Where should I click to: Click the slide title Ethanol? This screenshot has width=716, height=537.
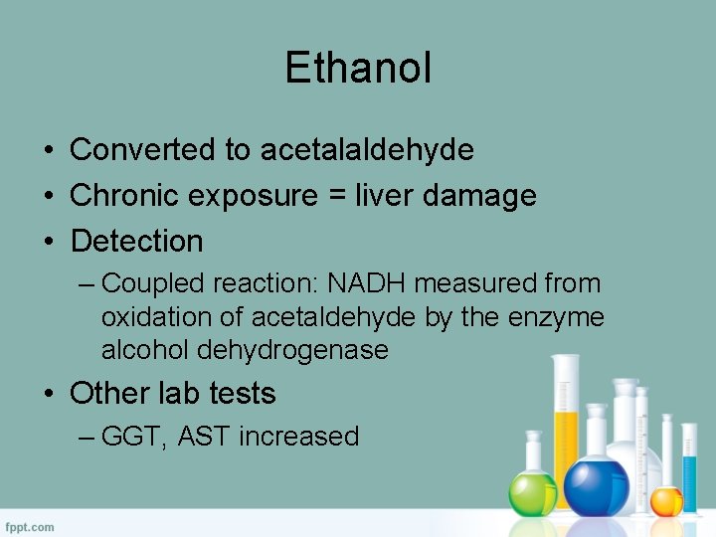[x=358, y=68]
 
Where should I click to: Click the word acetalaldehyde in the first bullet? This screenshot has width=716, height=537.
[x=367, y=149]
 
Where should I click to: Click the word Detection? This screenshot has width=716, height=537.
[x=136, y=241]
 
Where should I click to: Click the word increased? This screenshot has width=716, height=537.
[x=298, y=437]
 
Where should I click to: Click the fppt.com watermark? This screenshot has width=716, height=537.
[x=31, y=526]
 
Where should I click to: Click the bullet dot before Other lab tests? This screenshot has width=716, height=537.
[x=48, y=394]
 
